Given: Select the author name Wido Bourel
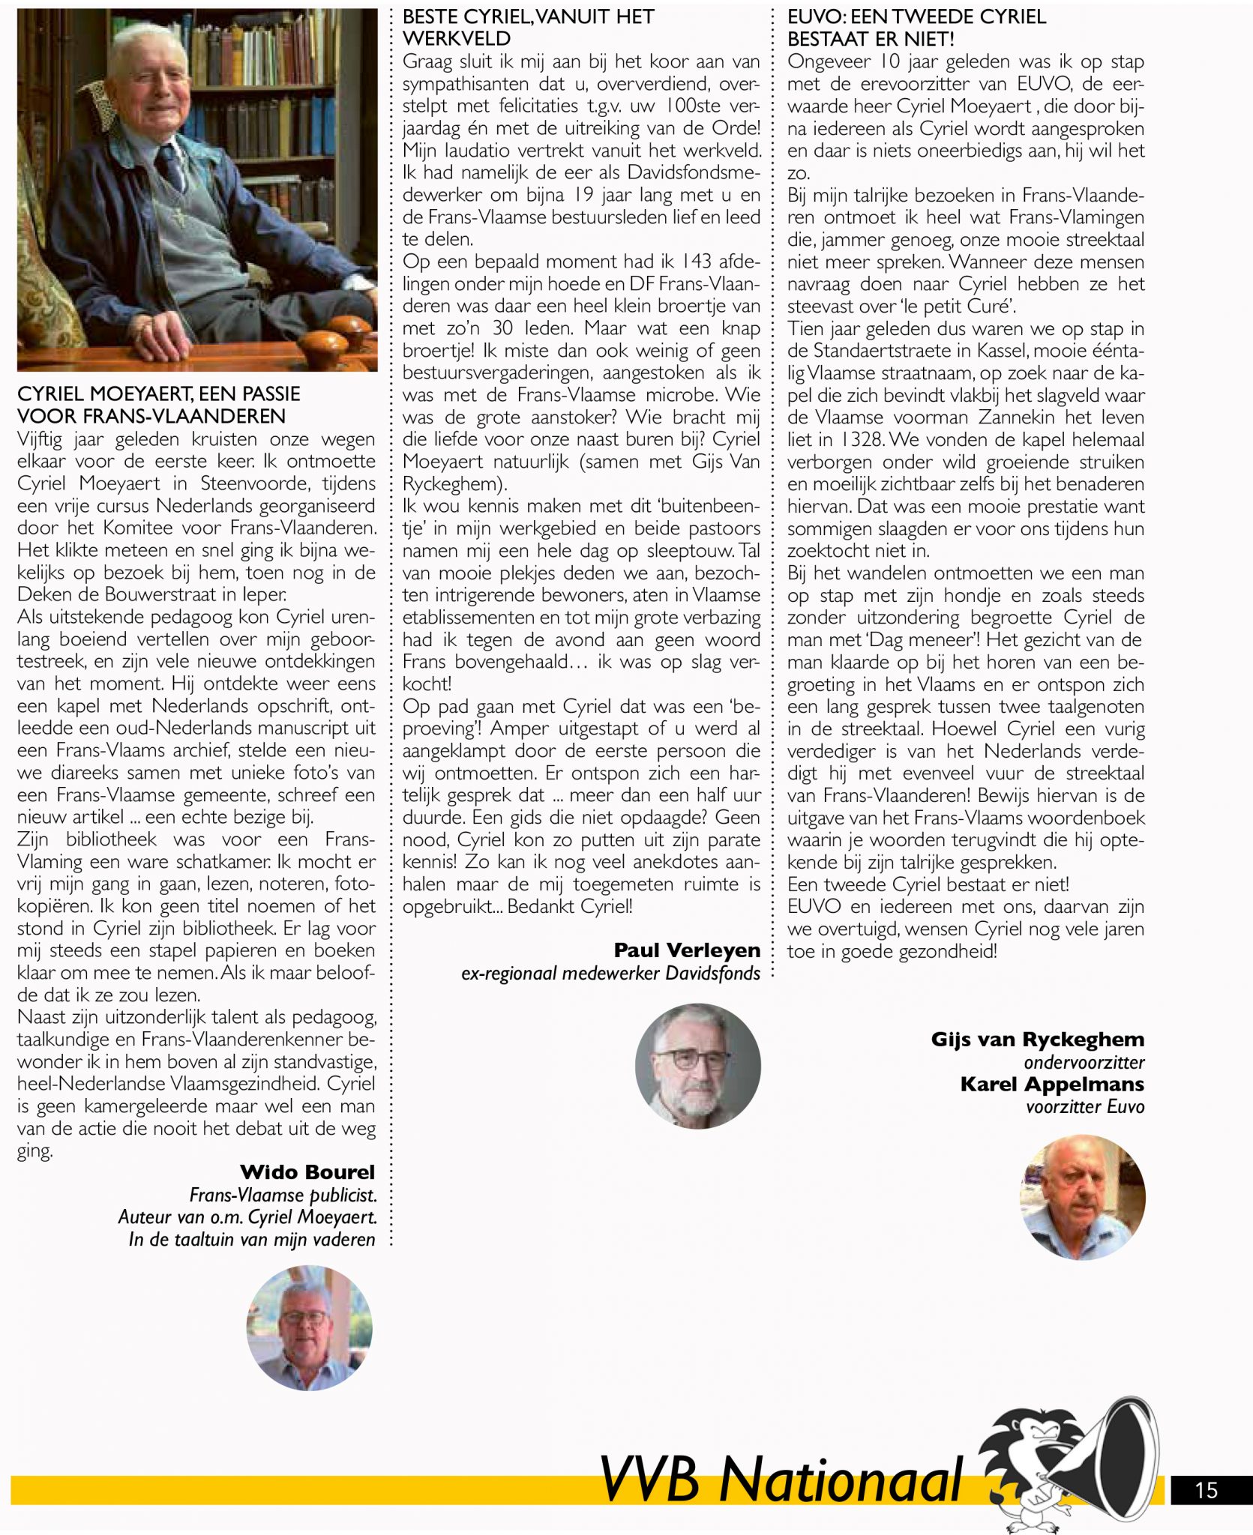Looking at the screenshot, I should coord(307,1172).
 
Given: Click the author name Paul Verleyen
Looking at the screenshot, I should coord(686,950).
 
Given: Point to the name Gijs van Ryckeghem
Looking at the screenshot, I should coord(1037,1040).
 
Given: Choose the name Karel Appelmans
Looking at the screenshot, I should coord(1052,1085).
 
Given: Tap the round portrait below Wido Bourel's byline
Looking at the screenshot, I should coord(309,1328).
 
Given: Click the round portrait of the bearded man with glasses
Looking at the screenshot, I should coord(697,1066).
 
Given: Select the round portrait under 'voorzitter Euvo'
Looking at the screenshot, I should coord(1082,1197).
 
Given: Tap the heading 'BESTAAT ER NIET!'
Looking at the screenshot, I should coord(871,39).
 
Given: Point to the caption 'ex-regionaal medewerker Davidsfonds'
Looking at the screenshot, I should coord(610,974).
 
